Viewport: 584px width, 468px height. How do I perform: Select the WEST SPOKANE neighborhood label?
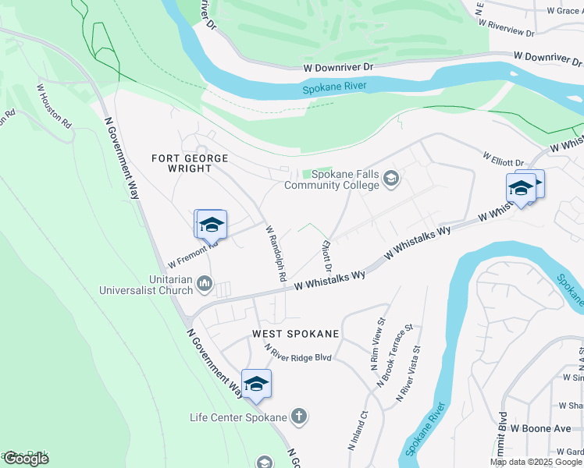click(x=296, y=334)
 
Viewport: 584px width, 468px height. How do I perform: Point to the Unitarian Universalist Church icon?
click(x=205, y=283)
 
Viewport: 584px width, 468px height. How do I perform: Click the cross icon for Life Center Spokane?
click(x=297, y=417)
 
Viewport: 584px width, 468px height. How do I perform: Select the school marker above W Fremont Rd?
click(x=211, y=225)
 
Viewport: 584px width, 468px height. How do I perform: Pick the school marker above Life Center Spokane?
click(x=256, y=384)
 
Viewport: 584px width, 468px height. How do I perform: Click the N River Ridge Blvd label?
click(x=297, y=353)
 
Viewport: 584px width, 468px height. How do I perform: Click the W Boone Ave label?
click(x=541, y=428)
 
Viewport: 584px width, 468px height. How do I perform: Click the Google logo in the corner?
click(x=26, y=459)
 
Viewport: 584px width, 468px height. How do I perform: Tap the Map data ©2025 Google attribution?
click(x=536, y=462)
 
